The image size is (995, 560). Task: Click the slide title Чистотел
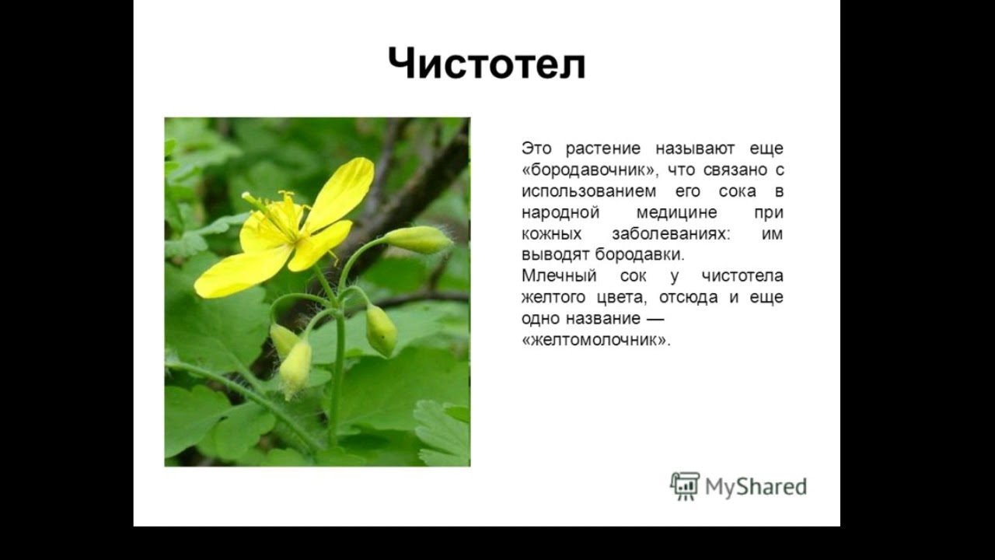point(487,64)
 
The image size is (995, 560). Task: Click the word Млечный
point(559,276)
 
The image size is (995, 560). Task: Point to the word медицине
point(676,212)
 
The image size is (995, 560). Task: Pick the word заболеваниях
point(671,234)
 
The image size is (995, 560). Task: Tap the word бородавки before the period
point(638,254)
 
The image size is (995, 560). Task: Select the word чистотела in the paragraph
point(742,276)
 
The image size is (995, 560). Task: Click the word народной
point(560,212)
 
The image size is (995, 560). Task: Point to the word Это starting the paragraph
point(536,148)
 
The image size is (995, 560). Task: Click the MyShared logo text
point(756,487)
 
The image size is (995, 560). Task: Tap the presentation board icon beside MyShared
point(685,485)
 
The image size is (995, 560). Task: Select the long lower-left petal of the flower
point(243,272)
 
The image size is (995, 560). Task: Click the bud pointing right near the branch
point(417,240)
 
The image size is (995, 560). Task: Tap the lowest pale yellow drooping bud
point(295,369)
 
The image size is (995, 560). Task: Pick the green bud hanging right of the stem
point(381,331)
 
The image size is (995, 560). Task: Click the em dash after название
point(654,319)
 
